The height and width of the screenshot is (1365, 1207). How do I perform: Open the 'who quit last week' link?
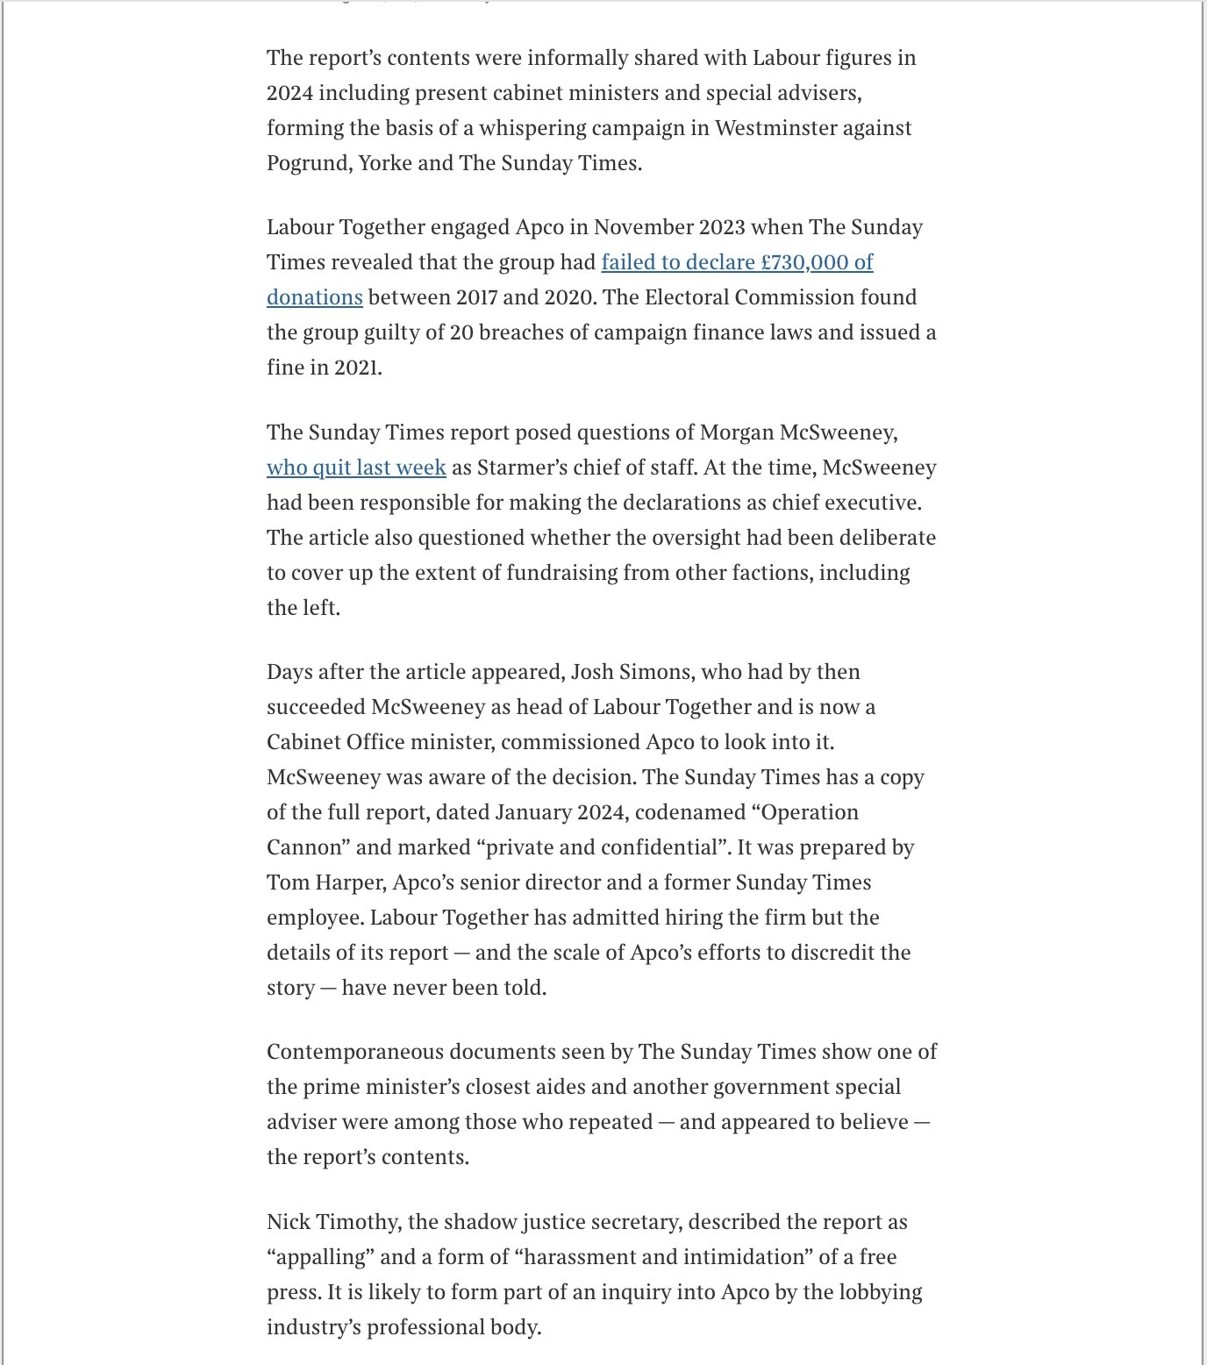coord(356,468)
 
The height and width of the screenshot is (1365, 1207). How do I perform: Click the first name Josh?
coord(593,672)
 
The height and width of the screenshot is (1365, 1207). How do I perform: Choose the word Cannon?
coord(304,847)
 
